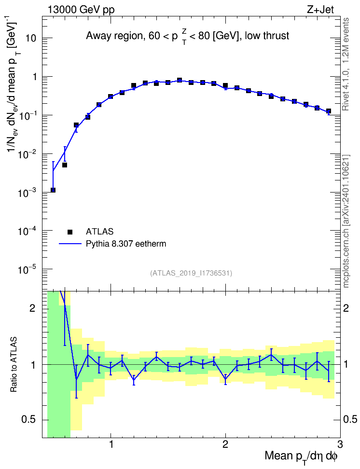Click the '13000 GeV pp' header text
point(81,10)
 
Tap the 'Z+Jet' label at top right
point(320,10)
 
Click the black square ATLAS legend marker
point(70,232)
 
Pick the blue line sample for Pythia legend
point(70,244)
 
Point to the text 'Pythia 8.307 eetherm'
point(126,244)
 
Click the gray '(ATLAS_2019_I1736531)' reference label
point(191,273)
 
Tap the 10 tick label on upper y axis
point(31,39)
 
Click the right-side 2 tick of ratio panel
point(346,308)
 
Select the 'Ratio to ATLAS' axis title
point(13,364)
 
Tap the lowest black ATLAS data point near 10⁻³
point(53,190)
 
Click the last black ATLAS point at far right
point(329,111)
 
